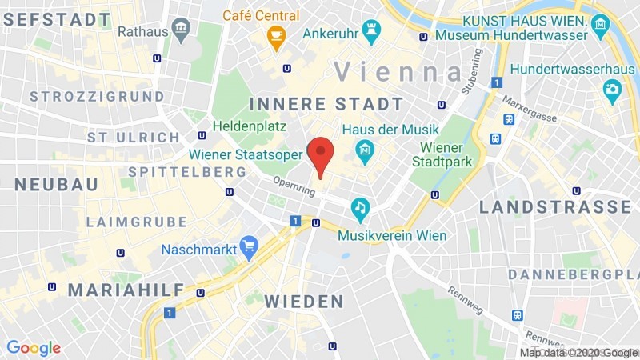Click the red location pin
pos(321,153)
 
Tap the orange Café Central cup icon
pos(276,36)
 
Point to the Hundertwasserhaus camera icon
pos(613,88)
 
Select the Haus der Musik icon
pos(366,149)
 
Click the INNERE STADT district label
pos(326,104)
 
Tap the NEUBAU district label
pos(57,185)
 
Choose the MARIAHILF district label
pos(126,290)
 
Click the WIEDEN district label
pos(304,302)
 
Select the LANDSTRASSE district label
pos(554,207)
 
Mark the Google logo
pos(34,348)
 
